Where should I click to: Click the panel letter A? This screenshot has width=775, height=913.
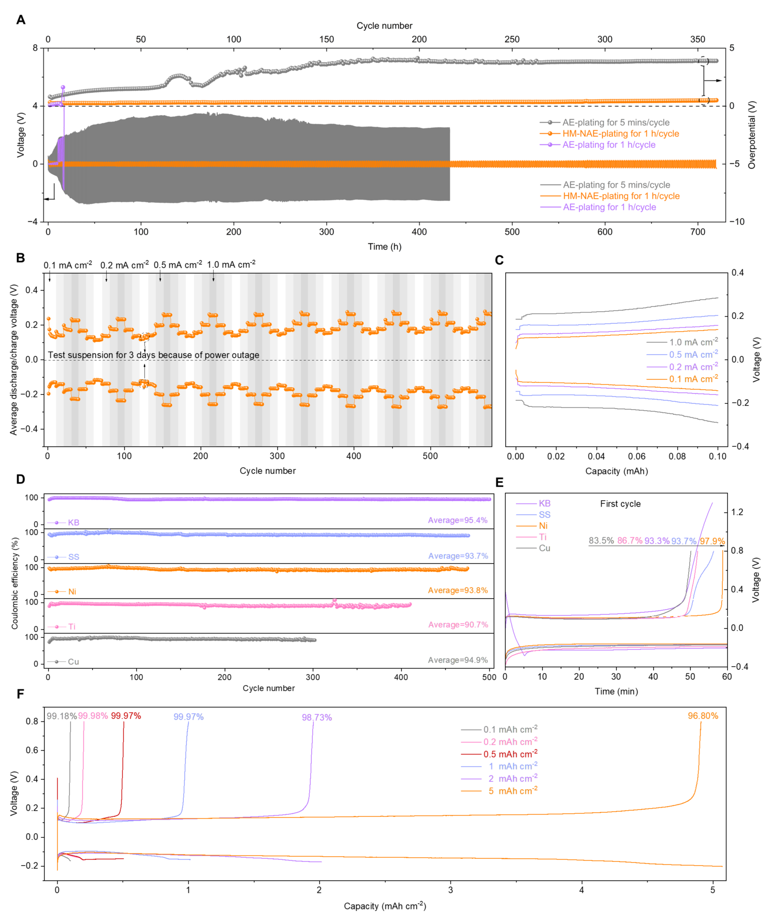click(x=21, y=20)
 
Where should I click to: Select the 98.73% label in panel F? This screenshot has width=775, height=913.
click(x=316, y=718)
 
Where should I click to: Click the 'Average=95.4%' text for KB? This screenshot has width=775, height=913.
click(x=458, y=520)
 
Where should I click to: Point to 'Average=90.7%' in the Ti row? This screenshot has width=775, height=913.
click(x=458, y=625)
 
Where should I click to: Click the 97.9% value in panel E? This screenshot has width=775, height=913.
click(x=712, y=541)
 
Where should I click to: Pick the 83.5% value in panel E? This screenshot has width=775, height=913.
click(x=601, y=541)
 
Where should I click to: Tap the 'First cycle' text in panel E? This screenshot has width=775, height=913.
click(x=620, y=504)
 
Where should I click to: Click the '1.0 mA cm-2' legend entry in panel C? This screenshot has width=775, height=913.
click(x=693, y=342)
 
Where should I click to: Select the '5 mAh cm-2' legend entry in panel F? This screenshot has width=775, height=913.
click(x=512, y=791)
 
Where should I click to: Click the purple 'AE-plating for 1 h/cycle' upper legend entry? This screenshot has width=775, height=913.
click(x=608, y=145)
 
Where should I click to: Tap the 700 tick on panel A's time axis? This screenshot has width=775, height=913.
click(x=698, y=232)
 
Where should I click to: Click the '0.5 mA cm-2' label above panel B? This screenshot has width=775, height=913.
click(x=177, y=265)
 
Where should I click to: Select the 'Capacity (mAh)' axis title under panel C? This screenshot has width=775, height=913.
click(x=616, y=471)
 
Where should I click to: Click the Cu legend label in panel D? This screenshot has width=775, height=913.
click(x=73, y=662)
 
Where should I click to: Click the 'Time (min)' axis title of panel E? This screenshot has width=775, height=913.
click(x=616, y=691)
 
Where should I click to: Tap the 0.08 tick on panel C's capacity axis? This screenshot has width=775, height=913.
click(x=677, y=457)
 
